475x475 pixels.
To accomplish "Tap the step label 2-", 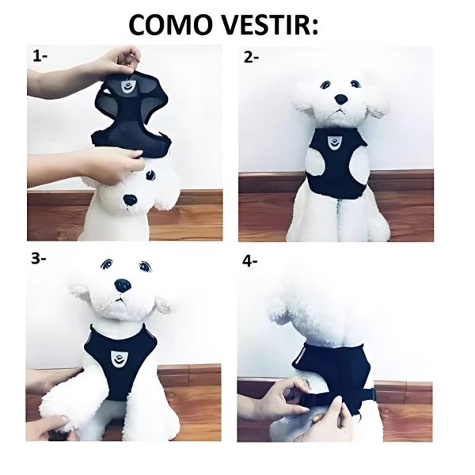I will pyautogui.click(x=253, y=57).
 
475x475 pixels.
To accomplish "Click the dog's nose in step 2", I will pyautogui.click(x=340, y=101).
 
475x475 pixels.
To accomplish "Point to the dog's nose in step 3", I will pyautogui.click(x=123, y=284).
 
